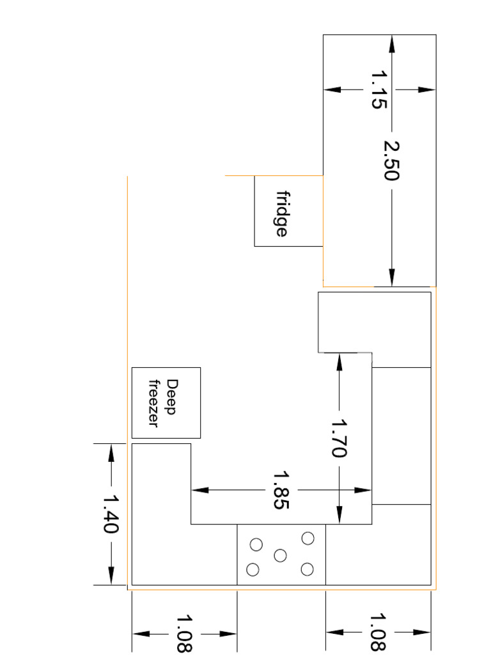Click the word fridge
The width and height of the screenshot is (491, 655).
(281, 213)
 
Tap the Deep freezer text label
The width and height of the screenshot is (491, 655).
(162, 403)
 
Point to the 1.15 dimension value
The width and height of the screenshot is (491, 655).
(379, 90)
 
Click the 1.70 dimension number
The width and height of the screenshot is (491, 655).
(339, 438)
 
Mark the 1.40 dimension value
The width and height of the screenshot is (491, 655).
(111, 514)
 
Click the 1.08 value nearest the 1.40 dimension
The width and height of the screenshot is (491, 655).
(185, 633)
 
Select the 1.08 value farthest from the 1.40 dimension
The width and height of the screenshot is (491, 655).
(378, 632)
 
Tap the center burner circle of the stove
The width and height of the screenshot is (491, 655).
(280, 555)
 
